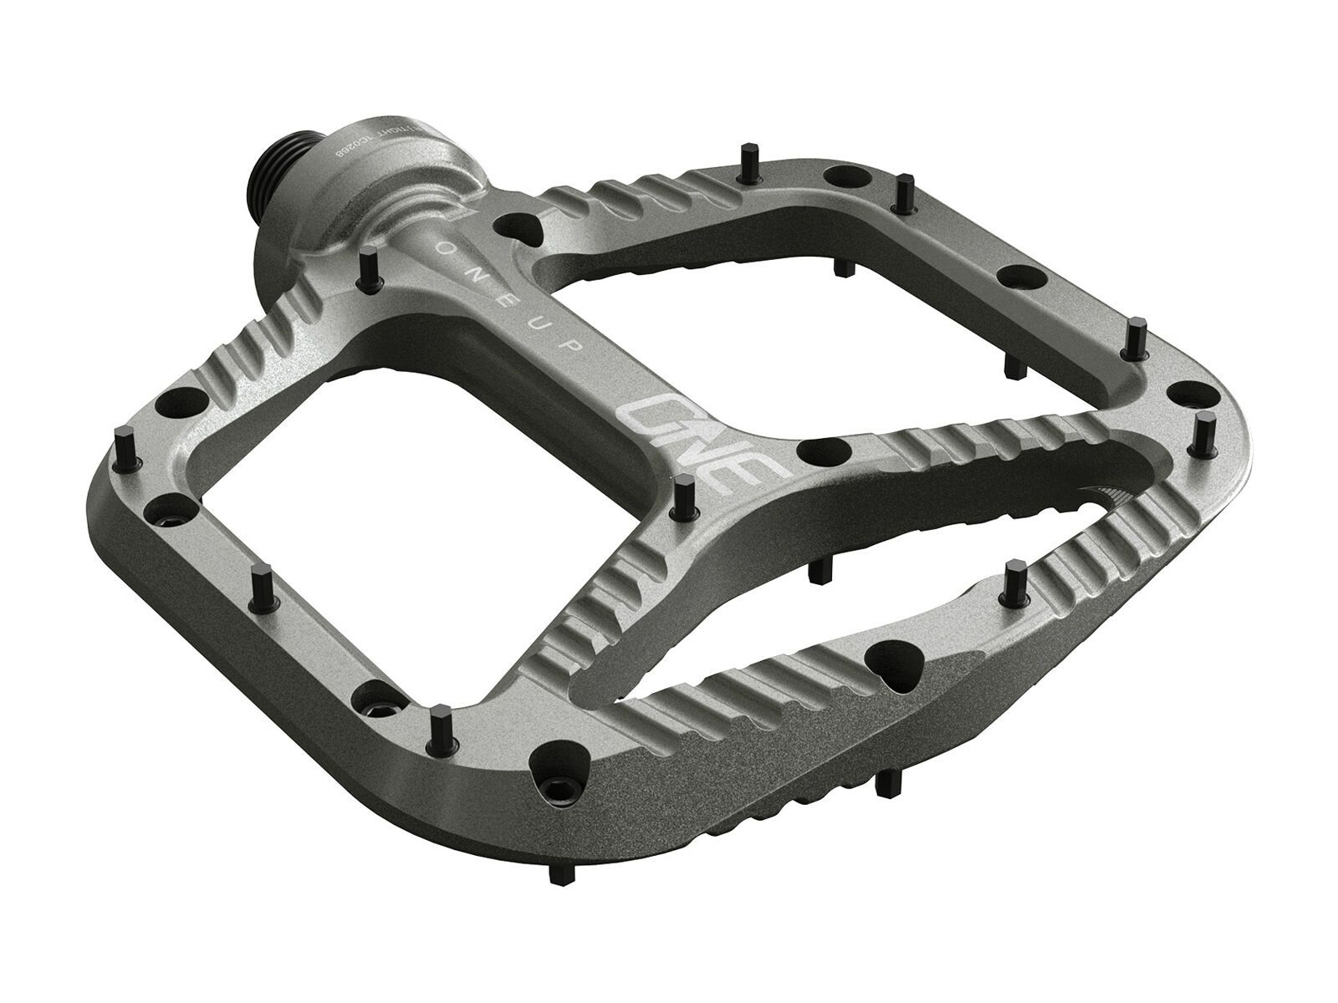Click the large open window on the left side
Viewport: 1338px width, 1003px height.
click(368, 443)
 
